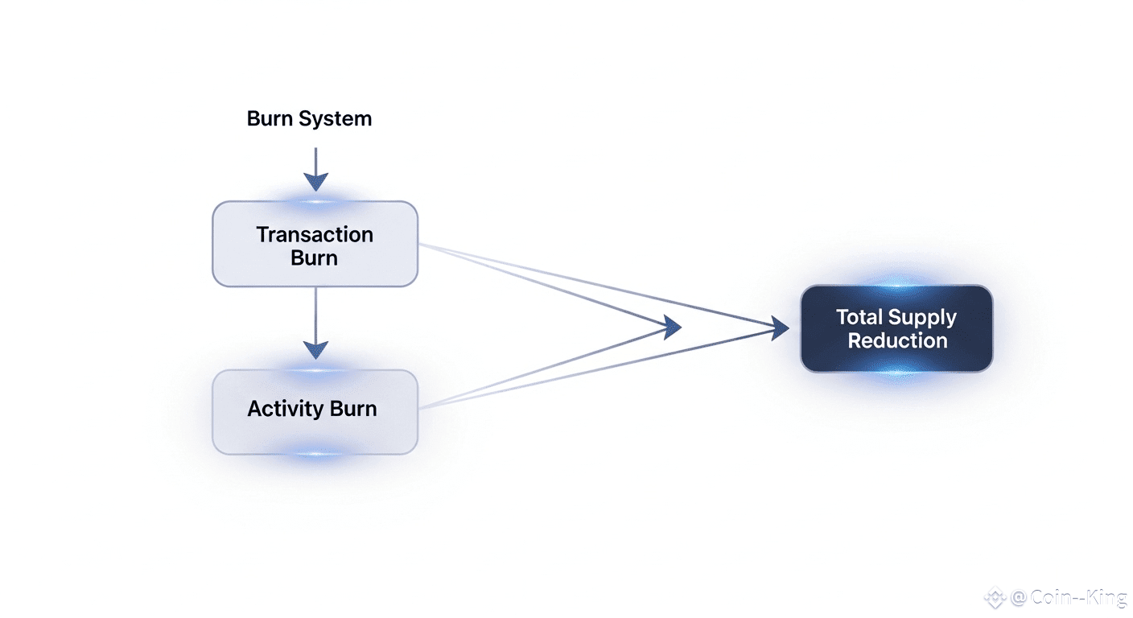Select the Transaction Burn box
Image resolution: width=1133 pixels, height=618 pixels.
click(x=315, y=245)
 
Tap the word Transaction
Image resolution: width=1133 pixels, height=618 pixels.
click(x=315, y=235)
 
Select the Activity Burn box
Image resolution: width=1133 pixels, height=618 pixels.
click(x=315, y=412)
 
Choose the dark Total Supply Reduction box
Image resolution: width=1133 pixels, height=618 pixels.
click(x=896, y=328)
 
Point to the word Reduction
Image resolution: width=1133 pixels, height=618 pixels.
click(x=897, y=340)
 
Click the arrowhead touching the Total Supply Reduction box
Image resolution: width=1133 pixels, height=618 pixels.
click(x=779, y=328)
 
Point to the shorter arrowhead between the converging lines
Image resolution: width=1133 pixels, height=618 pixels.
click(x=670, y=327)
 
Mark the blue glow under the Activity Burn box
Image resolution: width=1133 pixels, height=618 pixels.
click(x=315, y=455)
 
